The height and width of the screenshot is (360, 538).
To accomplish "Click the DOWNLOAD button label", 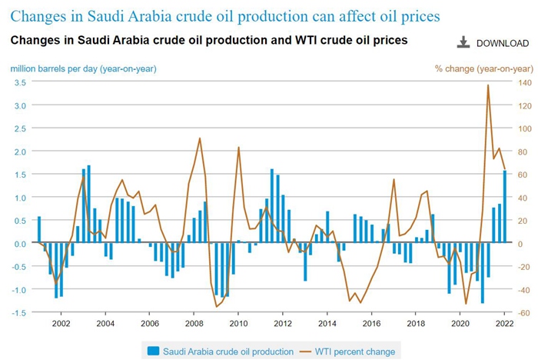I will click(503, 43).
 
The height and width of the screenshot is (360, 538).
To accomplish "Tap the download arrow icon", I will click(463, 42).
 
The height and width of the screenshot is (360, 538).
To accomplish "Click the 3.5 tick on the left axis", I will click(21, 82).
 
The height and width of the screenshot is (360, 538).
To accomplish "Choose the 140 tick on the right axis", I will click(523, 82).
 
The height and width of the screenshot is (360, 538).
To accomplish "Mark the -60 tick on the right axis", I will click(523, 313).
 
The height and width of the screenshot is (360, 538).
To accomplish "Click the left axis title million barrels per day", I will click(83, 68).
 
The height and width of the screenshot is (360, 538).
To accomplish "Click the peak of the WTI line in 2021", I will click(488, 85).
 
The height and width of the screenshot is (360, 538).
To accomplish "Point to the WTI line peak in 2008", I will click(200, 138).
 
